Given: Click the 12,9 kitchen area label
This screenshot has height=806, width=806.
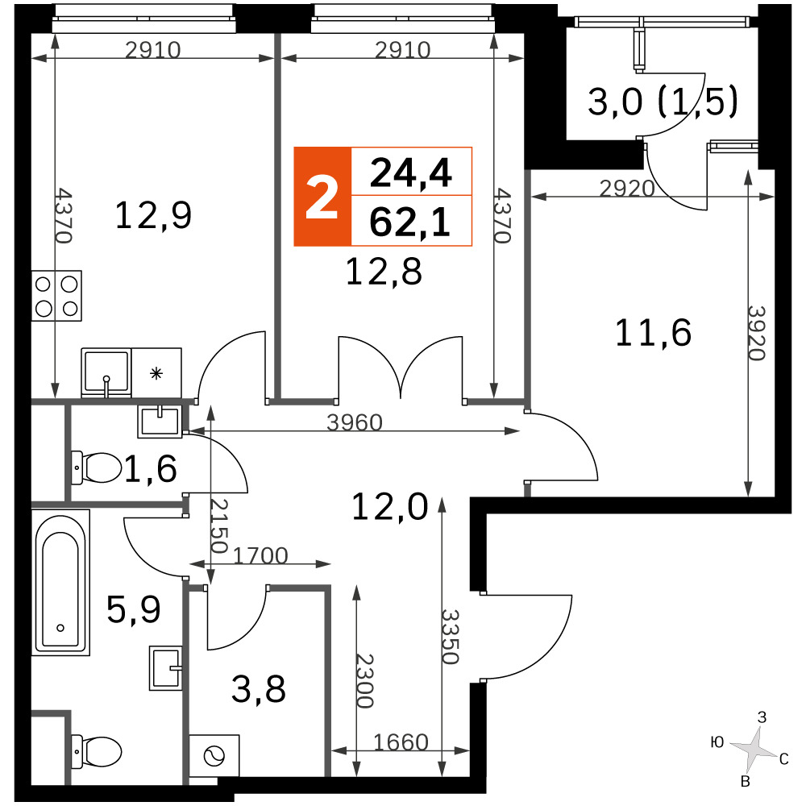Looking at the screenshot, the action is point(153,216).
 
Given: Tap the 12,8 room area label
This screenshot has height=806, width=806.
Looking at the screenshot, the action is point(384,272).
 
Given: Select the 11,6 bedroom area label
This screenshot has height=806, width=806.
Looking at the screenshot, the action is point(653,333).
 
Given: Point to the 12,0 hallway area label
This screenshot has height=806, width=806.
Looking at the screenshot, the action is point(389,507).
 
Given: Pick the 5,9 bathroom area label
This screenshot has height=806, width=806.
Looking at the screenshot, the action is point(134,609).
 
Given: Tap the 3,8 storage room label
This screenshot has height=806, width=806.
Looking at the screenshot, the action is point(259,690).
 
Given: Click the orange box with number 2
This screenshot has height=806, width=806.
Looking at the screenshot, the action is point(322,197).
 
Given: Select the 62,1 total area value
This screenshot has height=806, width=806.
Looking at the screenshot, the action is point(410,222).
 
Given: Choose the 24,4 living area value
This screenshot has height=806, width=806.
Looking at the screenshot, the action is point(411,173).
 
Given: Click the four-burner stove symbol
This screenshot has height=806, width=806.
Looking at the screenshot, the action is point(56,296).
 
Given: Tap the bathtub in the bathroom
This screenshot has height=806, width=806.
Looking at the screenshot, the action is point(60,583).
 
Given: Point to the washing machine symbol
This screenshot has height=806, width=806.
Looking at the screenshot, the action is point(214,756).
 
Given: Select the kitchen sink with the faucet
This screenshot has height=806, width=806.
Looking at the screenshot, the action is point(106,372).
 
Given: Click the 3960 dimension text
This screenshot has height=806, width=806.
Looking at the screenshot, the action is point(355,422).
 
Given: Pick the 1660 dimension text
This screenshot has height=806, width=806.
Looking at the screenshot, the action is point(401,742).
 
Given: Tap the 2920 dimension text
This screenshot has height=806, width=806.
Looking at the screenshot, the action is point(627,189).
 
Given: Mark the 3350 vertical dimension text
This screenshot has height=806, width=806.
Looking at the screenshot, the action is point(451,637).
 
